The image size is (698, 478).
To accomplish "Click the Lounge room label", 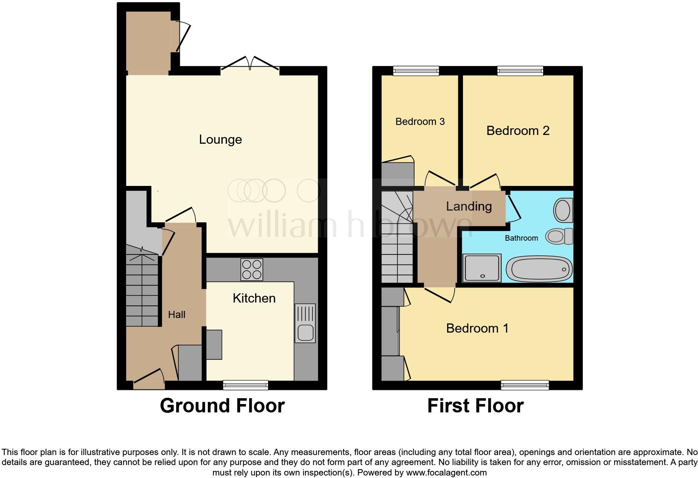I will (x=220, y=140).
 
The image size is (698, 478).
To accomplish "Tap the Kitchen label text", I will (x=254, y=298).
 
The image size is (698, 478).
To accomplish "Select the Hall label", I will (x=177, y=315).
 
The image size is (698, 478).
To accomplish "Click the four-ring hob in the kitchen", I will (x=252, y=270).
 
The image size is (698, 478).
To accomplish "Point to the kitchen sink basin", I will (x=306, y=333).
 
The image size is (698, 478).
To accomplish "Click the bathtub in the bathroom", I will (x=539, y=269).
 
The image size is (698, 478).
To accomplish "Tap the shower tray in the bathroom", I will (x=482, y=267).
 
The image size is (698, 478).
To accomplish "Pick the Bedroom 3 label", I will (x=420, y=122).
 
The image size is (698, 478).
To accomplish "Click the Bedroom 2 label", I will (x=518, y=131).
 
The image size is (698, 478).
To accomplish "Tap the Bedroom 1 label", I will (x=477, y=328).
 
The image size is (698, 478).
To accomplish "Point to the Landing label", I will (x=469, y=206).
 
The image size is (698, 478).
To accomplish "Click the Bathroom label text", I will (x=521, y=238).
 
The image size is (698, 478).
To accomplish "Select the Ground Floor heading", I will (x=222, y=406).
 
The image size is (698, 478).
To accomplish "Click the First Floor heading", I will (x=475, y=406).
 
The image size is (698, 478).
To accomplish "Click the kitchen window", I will (x=245, y=385).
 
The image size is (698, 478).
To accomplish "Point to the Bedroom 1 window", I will (x=525, y=385).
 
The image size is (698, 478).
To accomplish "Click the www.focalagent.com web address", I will (x=446, y=473).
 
